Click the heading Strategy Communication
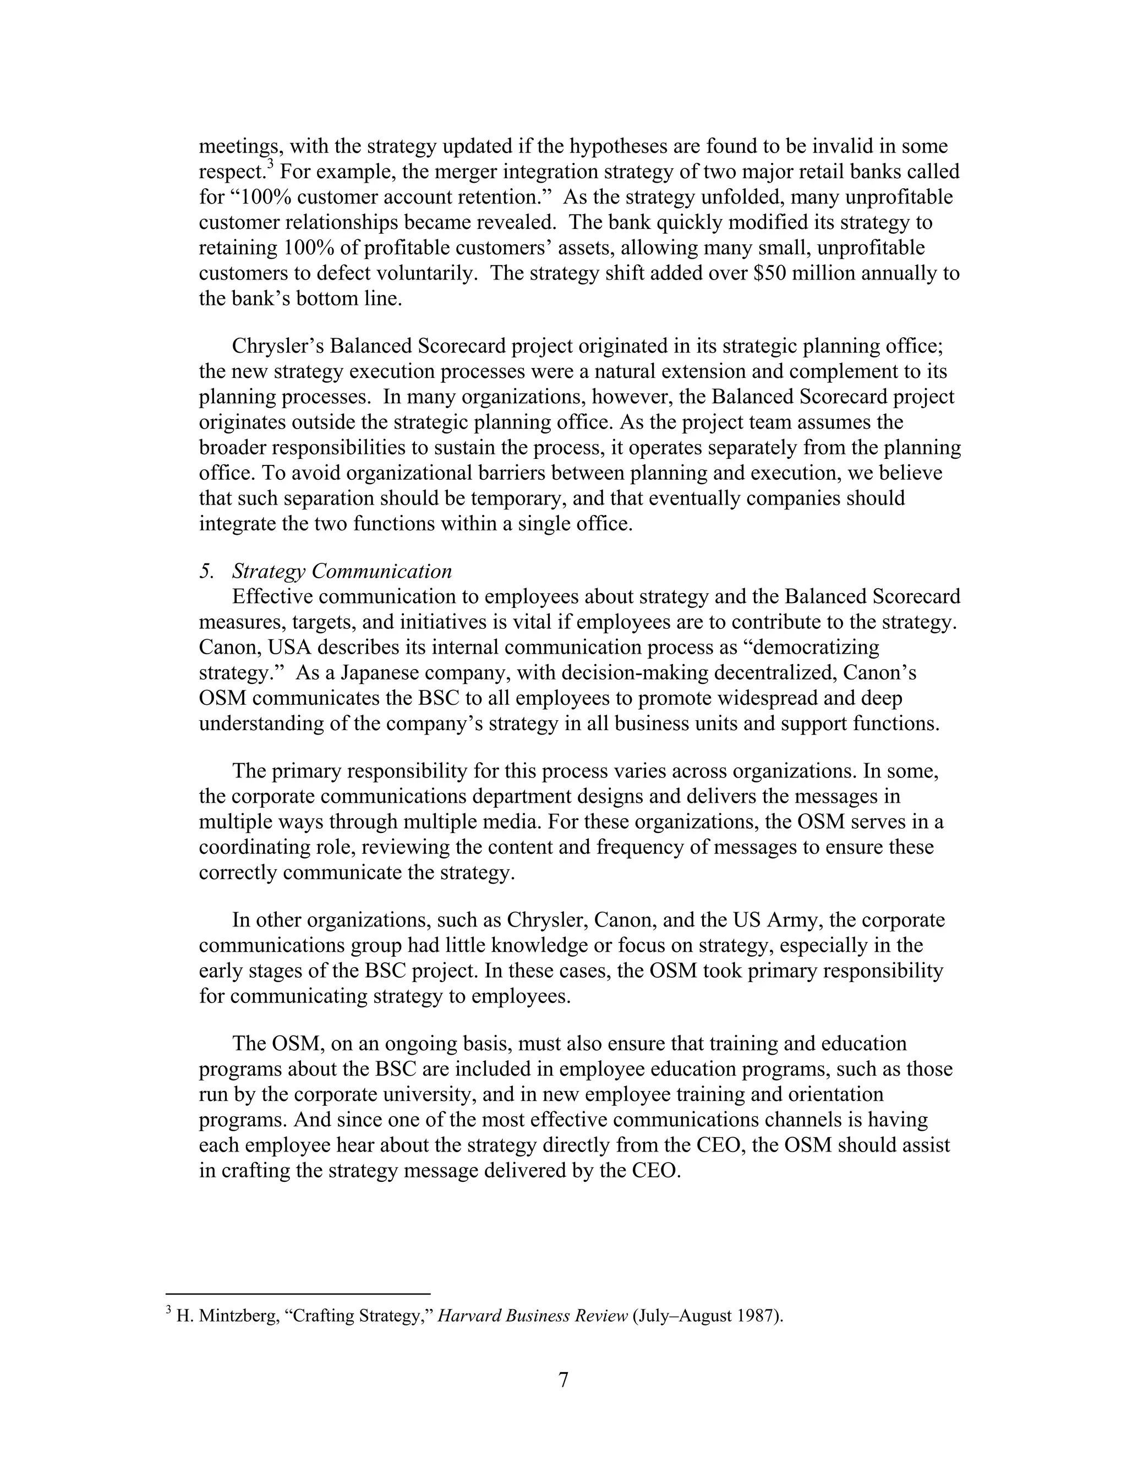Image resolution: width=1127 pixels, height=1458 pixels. click(x=342, y=572)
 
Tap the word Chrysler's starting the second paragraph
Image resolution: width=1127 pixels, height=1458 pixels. click(x=277, y=347)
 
